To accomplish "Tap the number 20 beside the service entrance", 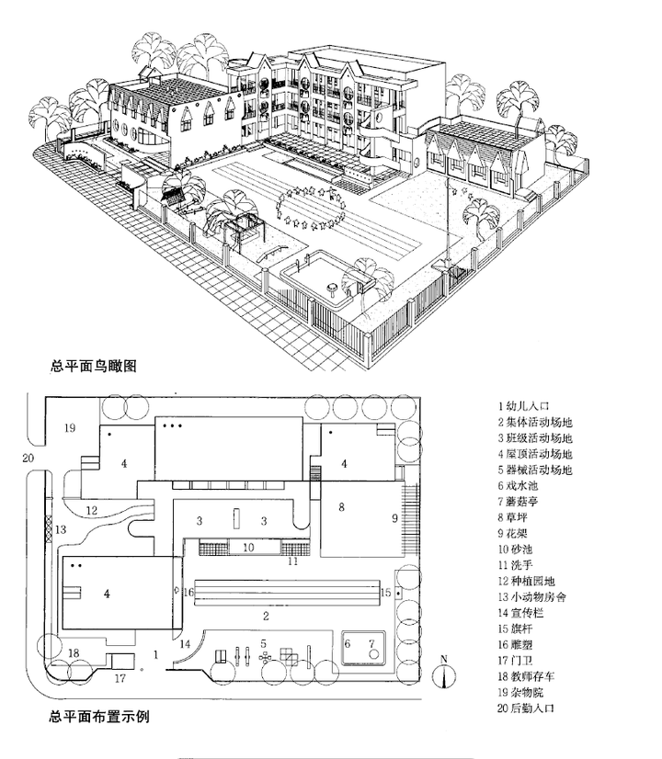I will (x=28, y=458).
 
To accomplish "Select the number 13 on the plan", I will (x=61, y=529).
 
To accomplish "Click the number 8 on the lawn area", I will (x=341, y=507).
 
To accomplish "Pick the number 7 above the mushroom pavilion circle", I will (x=371, y=642).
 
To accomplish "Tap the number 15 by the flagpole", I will (x=386, y=592).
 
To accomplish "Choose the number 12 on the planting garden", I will (x=92, y=510).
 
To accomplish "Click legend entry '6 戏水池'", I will (x=524, y=485).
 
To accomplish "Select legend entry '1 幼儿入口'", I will (x=527, y=404).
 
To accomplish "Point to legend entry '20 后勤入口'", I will (x=528, y=708).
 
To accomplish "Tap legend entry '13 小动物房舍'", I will (x=533, y=596).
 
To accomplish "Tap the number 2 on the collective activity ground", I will (x=266, y=615).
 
